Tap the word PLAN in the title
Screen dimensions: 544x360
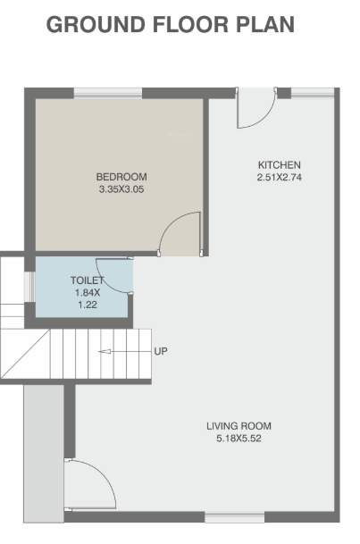pyautogui.click(x=264, y=24)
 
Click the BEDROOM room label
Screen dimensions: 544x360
pyautogui.click(x=121, y=176)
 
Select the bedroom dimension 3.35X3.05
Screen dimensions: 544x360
pyautogui.click(x=121, y=189)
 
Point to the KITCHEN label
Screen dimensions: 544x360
pyautogui.click(x=279, y=165)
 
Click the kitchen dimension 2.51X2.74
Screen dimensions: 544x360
pyautogui.click(x=279, y=178)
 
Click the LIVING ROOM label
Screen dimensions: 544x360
pyautogui.click(x=239, y=425)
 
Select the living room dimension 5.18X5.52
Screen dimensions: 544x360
pyautogui.click(x=239, y=439)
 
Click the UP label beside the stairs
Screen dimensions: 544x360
pyautogui.click(x=161, y=350)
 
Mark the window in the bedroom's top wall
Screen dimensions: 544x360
pyautogui.click(x=107, y=91)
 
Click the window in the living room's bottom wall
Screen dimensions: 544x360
pyautogui.click(x=234, y=516)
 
